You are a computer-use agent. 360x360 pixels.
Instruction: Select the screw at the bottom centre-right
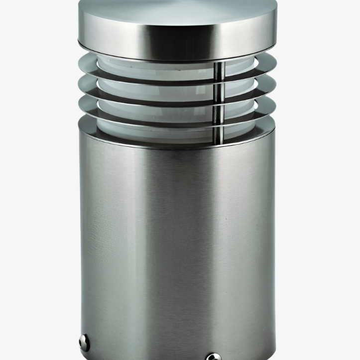click(213, 356)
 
